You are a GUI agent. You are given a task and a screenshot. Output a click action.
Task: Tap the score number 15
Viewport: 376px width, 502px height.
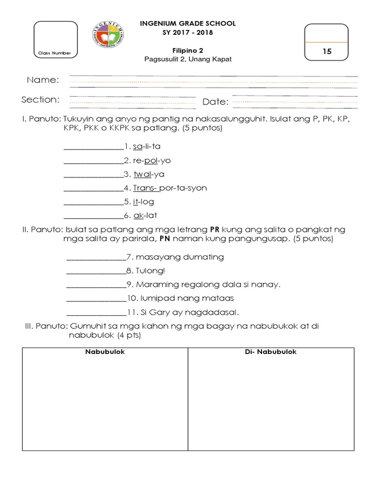[x=327, y=51]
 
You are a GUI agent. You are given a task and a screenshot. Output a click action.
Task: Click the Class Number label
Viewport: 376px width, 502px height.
[x=55, y=53]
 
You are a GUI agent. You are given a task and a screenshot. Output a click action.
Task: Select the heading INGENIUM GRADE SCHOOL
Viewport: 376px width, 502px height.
[x=188, y=24]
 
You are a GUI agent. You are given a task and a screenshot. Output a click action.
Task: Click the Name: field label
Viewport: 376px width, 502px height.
[x=43, y=80]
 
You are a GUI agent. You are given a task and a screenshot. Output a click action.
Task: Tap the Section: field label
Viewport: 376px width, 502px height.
[x=40, y=100]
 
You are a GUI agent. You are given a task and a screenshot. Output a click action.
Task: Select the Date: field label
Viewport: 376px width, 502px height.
[x=215, y=102]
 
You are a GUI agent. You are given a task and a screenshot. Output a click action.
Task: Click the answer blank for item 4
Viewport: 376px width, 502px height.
[x=93, y=188]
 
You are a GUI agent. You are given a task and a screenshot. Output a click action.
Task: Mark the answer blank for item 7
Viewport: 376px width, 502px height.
[x=96, y=257]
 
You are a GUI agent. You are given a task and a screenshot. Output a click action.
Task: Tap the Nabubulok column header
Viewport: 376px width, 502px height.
[x=105, y=351]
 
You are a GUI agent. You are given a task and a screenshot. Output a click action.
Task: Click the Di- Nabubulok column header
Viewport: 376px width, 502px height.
[x=271, y=351]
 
